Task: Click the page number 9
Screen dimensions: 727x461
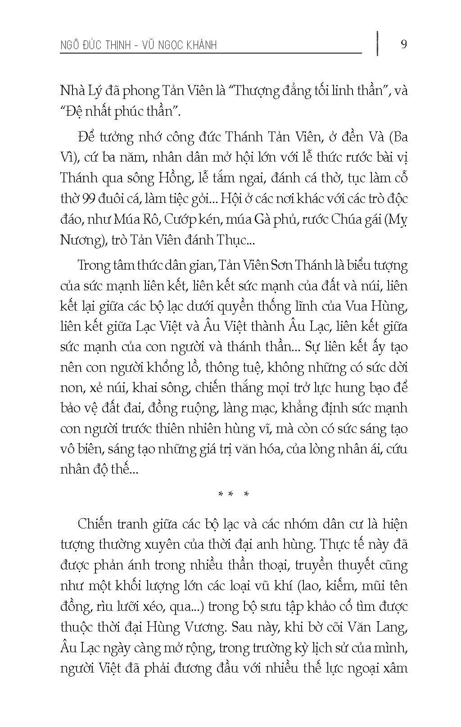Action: [404, 44]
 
